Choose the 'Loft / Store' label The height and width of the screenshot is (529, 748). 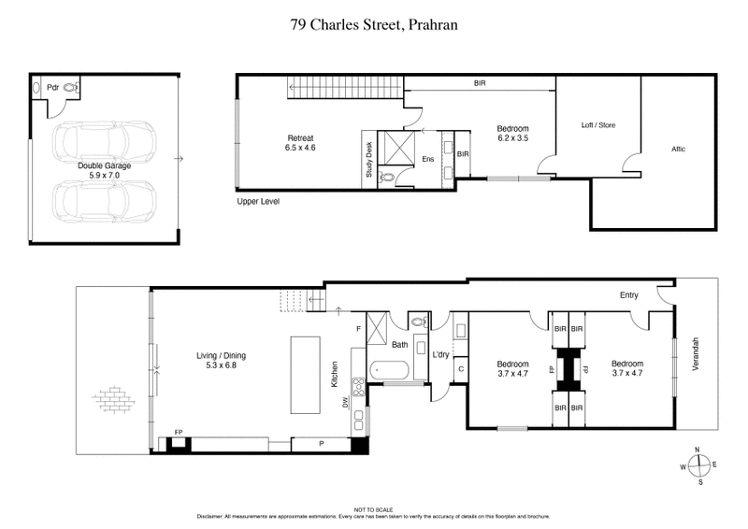click(598, 125)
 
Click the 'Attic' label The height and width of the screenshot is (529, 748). click(679, 149)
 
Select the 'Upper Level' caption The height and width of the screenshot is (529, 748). click(258, 201)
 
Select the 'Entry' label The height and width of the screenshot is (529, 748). click(628, 296)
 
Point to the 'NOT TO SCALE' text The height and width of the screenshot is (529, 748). click(374, 509)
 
